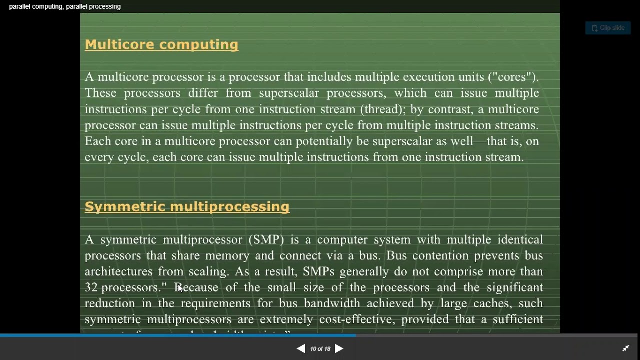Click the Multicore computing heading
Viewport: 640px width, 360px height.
click(161, 45)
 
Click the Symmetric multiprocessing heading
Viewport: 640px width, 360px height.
click(187, 207)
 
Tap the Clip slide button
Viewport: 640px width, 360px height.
click(608, 28)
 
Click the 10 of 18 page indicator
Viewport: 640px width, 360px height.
click(320, 349)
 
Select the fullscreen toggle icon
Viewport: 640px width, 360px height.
click(625, 349)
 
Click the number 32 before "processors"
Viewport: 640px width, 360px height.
click(91, 288)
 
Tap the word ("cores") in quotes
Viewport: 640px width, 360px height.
click(513, 77)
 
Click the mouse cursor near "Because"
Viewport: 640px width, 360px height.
click(180, 288)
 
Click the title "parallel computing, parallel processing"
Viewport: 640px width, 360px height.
click(65, 6)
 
